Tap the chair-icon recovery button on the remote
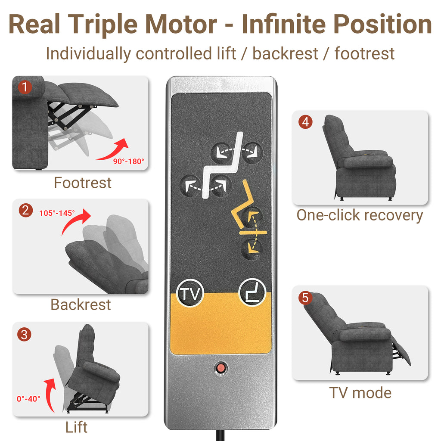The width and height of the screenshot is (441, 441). (252, 292)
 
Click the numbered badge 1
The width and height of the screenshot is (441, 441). (25, 87)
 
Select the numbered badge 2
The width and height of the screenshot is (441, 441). (25, 210)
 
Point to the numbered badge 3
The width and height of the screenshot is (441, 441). (24, 334)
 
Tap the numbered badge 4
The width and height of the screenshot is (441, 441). (305, 122)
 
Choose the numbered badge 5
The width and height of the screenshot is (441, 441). (305, 298)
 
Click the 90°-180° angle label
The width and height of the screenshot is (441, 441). (128, 161)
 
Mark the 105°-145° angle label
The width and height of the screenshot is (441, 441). (57, 213)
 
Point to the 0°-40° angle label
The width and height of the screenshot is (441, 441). (28, 399)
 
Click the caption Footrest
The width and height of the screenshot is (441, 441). (82, 183)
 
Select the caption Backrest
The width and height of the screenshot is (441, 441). (81, 304)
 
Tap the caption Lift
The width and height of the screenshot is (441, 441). (76, 427)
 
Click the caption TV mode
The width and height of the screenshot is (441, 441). (360, 393)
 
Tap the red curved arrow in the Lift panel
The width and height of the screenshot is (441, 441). (50, 394)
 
